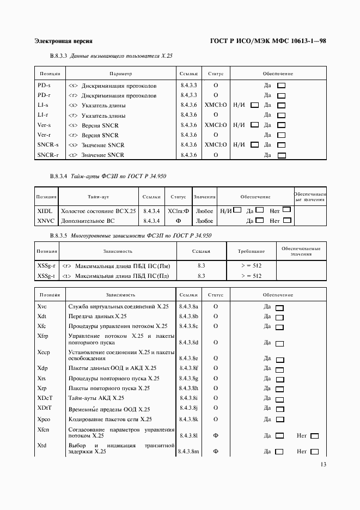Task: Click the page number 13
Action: pos(323,464)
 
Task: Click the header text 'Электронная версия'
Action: pos(63,41)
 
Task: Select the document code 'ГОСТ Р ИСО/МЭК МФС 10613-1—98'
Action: pos(268,41)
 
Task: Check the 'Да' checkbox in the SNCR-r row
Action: pos(282,155)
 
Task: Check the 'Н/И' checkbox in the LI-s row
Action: pos(254,105)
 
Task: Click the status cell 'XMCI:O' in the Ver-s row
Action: pos(216,125)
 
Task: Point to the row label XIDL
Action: pos(44,210)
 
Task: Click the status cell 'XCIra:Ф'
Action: pos(178,210)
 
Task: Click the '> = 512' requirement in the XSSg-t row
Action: pos(251,276)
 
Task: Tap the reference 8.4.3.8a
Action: pos(188,307)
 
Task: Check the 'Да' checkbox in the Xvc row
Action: pos(280,308)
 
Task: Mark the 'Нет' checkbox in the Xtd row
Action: pos(314,452)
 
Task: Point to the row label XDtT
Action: pos(44,408)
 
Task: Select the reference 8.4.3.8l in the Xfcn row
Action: pos(188,435)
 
